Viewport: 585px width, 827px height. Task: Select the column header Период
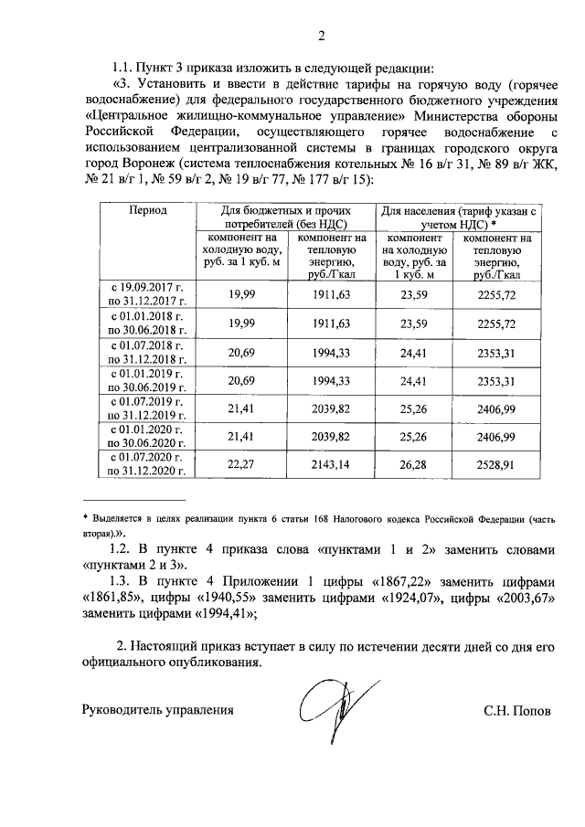[147, 210]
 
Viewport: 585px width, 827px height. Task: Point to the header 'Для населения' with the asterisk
[459, 217]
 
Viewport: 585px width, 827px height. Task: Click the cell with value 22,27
[240, 464]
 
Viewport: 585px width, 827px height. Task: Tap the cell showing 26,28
[413, 464]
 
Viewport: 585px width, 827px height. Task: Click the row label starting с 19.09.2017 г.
[147, 292]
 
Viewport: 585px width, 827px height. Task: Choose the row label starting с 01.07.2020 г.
[147, 464]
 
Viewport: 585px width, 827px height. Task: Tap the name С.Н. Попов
[517, 709]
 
